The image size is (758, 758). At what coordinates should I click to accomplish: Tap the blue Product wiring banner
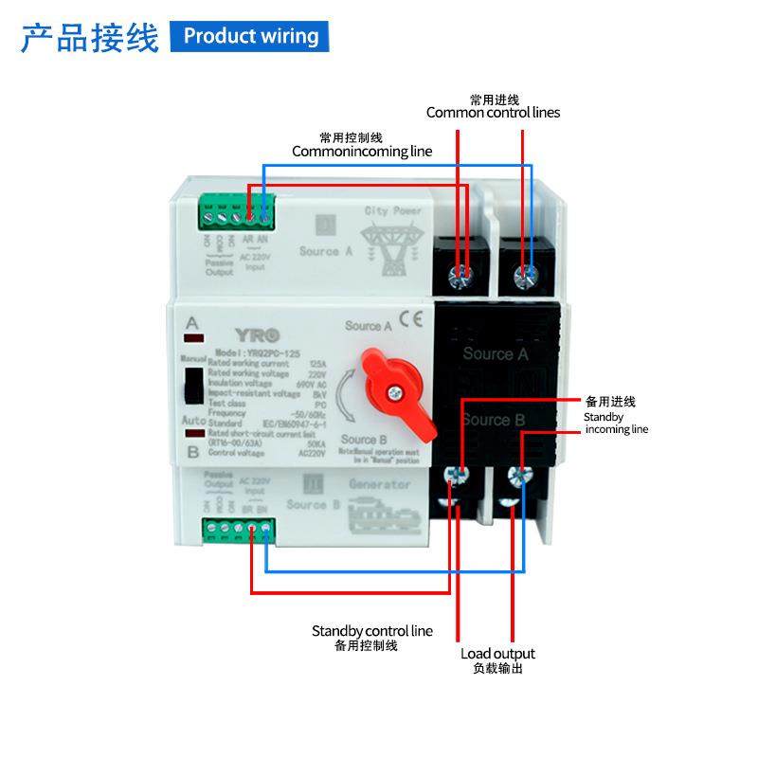(x=250, y=36)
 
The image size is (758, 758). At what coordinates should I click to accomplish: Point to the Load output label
(x=497, y=654)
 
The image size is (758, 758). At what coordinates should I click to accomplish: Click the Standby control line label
(x=371, y=631)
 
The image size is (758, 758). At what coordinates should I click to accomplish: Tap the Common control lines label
(x=493, y=112)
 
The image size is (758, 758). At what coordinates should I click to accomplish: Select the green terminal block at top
(x=236, y=216)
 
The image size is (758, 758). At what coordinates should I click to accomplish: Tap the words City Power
(x=393, y=209)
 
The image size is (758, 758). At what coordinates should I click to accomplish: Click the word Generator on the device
(x=380, y=485)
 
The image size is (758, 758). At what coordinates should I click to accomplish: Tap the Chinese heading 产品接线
(x=89, y=38)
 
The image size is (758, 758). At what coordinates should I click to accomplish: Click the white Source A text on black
(x=496, y=354)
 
